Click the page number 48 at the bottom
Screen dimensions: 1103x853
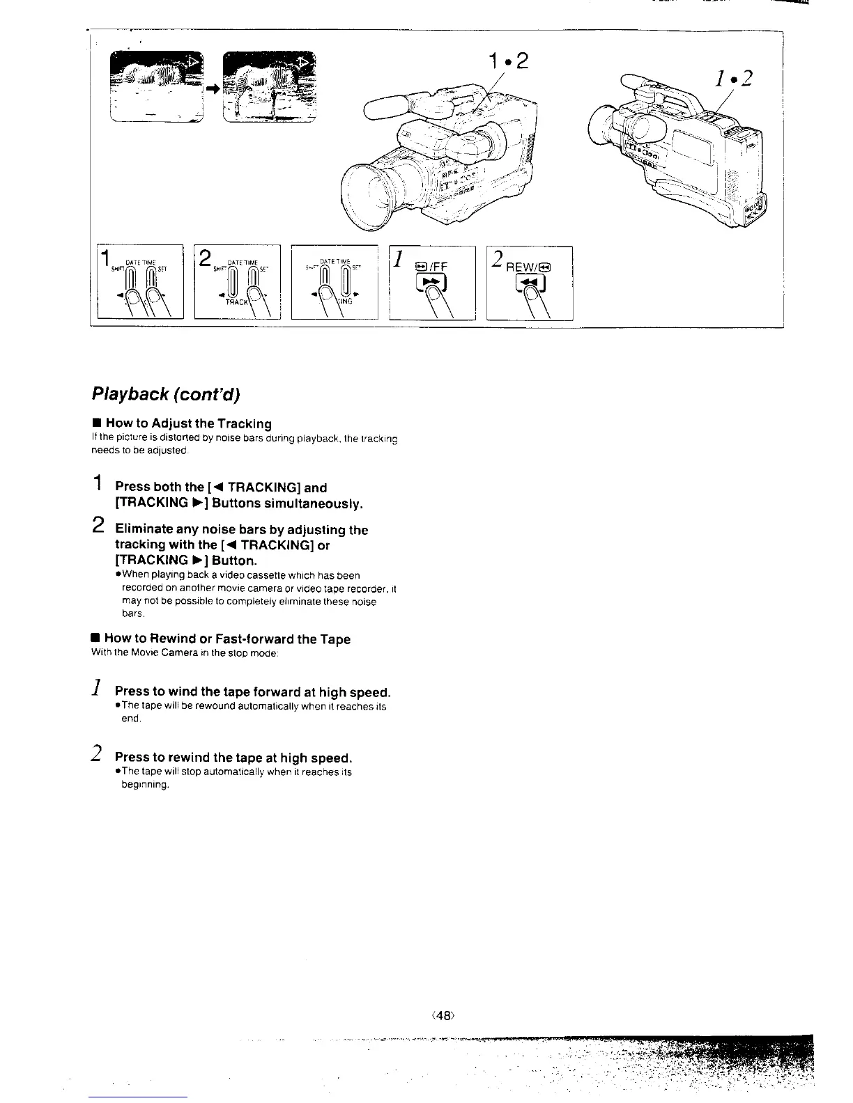tap(443, 1016)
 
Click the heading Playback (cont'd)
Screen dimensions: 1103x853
tap(166, 395)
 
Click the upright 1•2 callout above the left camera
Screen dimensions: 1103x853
tap(509, 63)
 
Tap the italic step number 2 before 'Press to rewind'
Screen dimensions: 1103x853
tap(99, 753)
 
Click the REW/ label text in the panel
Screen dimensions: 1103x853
tap(527, 265)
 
